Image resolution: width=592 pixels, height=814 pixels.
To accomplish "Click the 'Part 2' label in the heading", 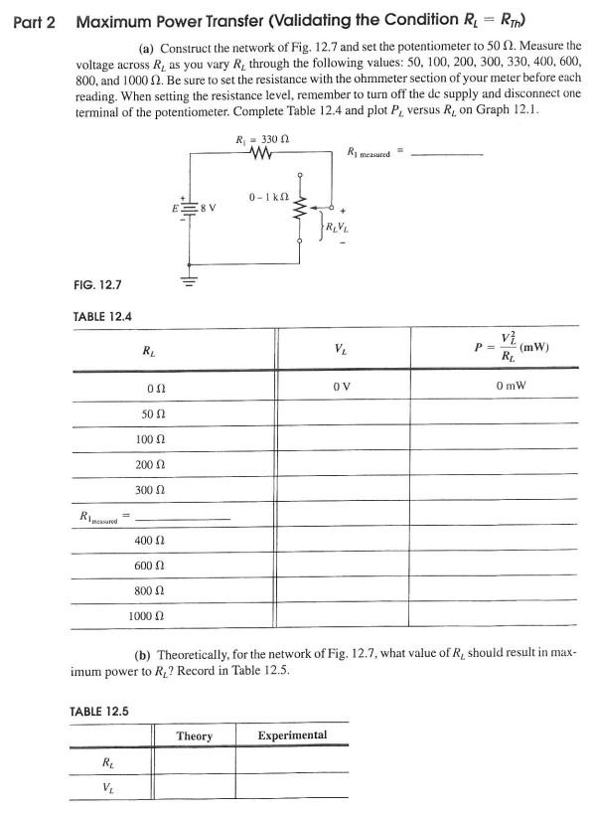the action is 33,21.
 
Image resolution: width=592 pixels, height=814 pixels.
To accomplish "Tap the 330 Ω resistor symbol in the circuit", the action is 262,155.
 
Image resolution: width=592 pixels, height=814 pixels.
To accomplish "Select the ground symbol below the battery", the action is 188,279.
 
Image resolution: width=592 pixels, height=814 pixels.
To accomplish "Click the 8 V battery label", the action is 209,208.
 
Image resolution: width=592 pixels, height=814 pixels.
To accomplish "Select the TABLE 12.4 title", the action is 103,316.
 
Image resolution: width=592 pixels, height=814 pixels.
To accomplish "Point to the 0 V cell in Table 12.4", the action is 343,384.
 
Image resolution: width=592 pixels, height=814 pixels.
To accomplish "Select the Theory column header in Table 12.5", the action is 194,735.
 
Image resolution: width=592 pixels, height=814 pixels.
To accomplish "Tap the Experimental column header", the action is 292,735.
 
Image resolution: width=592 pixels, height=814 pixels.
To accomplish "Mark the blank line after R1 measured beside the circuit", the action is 447,155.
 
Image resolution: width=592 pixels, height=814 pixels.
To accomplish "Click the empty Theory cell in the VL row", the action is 194,786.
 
